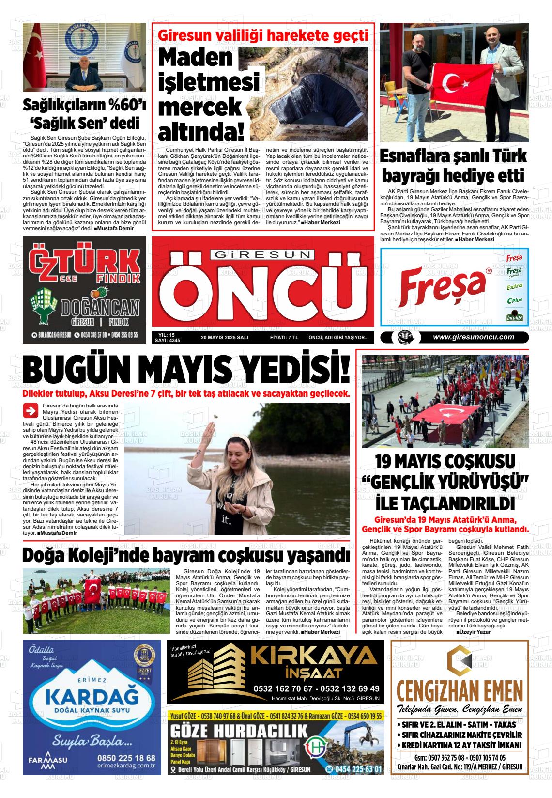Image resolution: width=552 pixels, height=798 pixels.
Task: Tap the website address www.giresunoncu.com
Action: [473, 337]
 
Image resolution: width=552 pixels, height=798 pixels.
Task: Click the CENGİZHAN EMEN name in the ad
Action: [460, 689]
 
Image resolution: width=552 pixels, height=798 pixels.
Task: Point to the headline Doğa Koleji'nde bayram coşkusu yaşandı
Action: [186, 555]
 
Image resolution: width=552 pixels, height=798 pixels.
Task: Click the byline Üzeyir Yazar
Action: [474, 632]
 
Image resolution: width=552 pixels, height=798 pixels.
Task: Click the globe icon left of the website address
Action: [402, 338]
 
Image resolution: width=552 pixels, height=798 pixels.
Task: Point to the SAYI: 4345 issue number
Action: [167, 341]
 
